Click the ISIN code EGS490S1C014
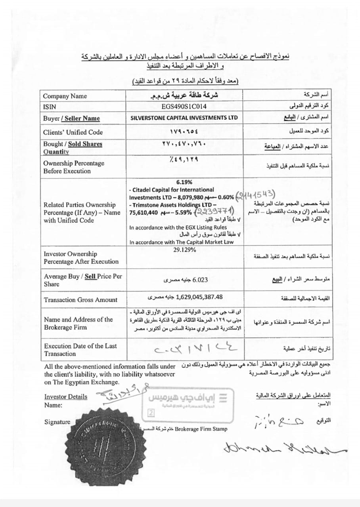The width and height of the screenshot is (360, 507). (184, 107)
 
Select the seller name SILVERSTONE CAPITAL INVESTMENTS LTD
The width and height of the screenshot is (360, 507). (184, 118)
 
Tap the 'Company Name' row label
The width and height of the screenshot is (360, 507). (65, 96)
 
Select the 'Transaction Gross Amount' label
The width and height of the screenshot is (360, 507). (80, 300)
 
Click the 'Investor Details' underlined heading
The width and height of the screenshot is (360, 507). (65, 396)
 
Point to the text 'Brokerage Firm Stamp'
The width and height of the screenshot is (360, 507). (201, 429)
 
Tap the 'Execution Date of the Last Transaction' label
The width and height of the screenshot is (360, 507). (80, 350)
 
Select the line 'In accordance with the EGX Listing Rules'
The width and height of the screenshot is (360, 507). (178, 227)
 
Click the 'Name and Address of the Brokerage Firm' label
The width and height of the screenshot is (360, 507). (78, 323)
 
